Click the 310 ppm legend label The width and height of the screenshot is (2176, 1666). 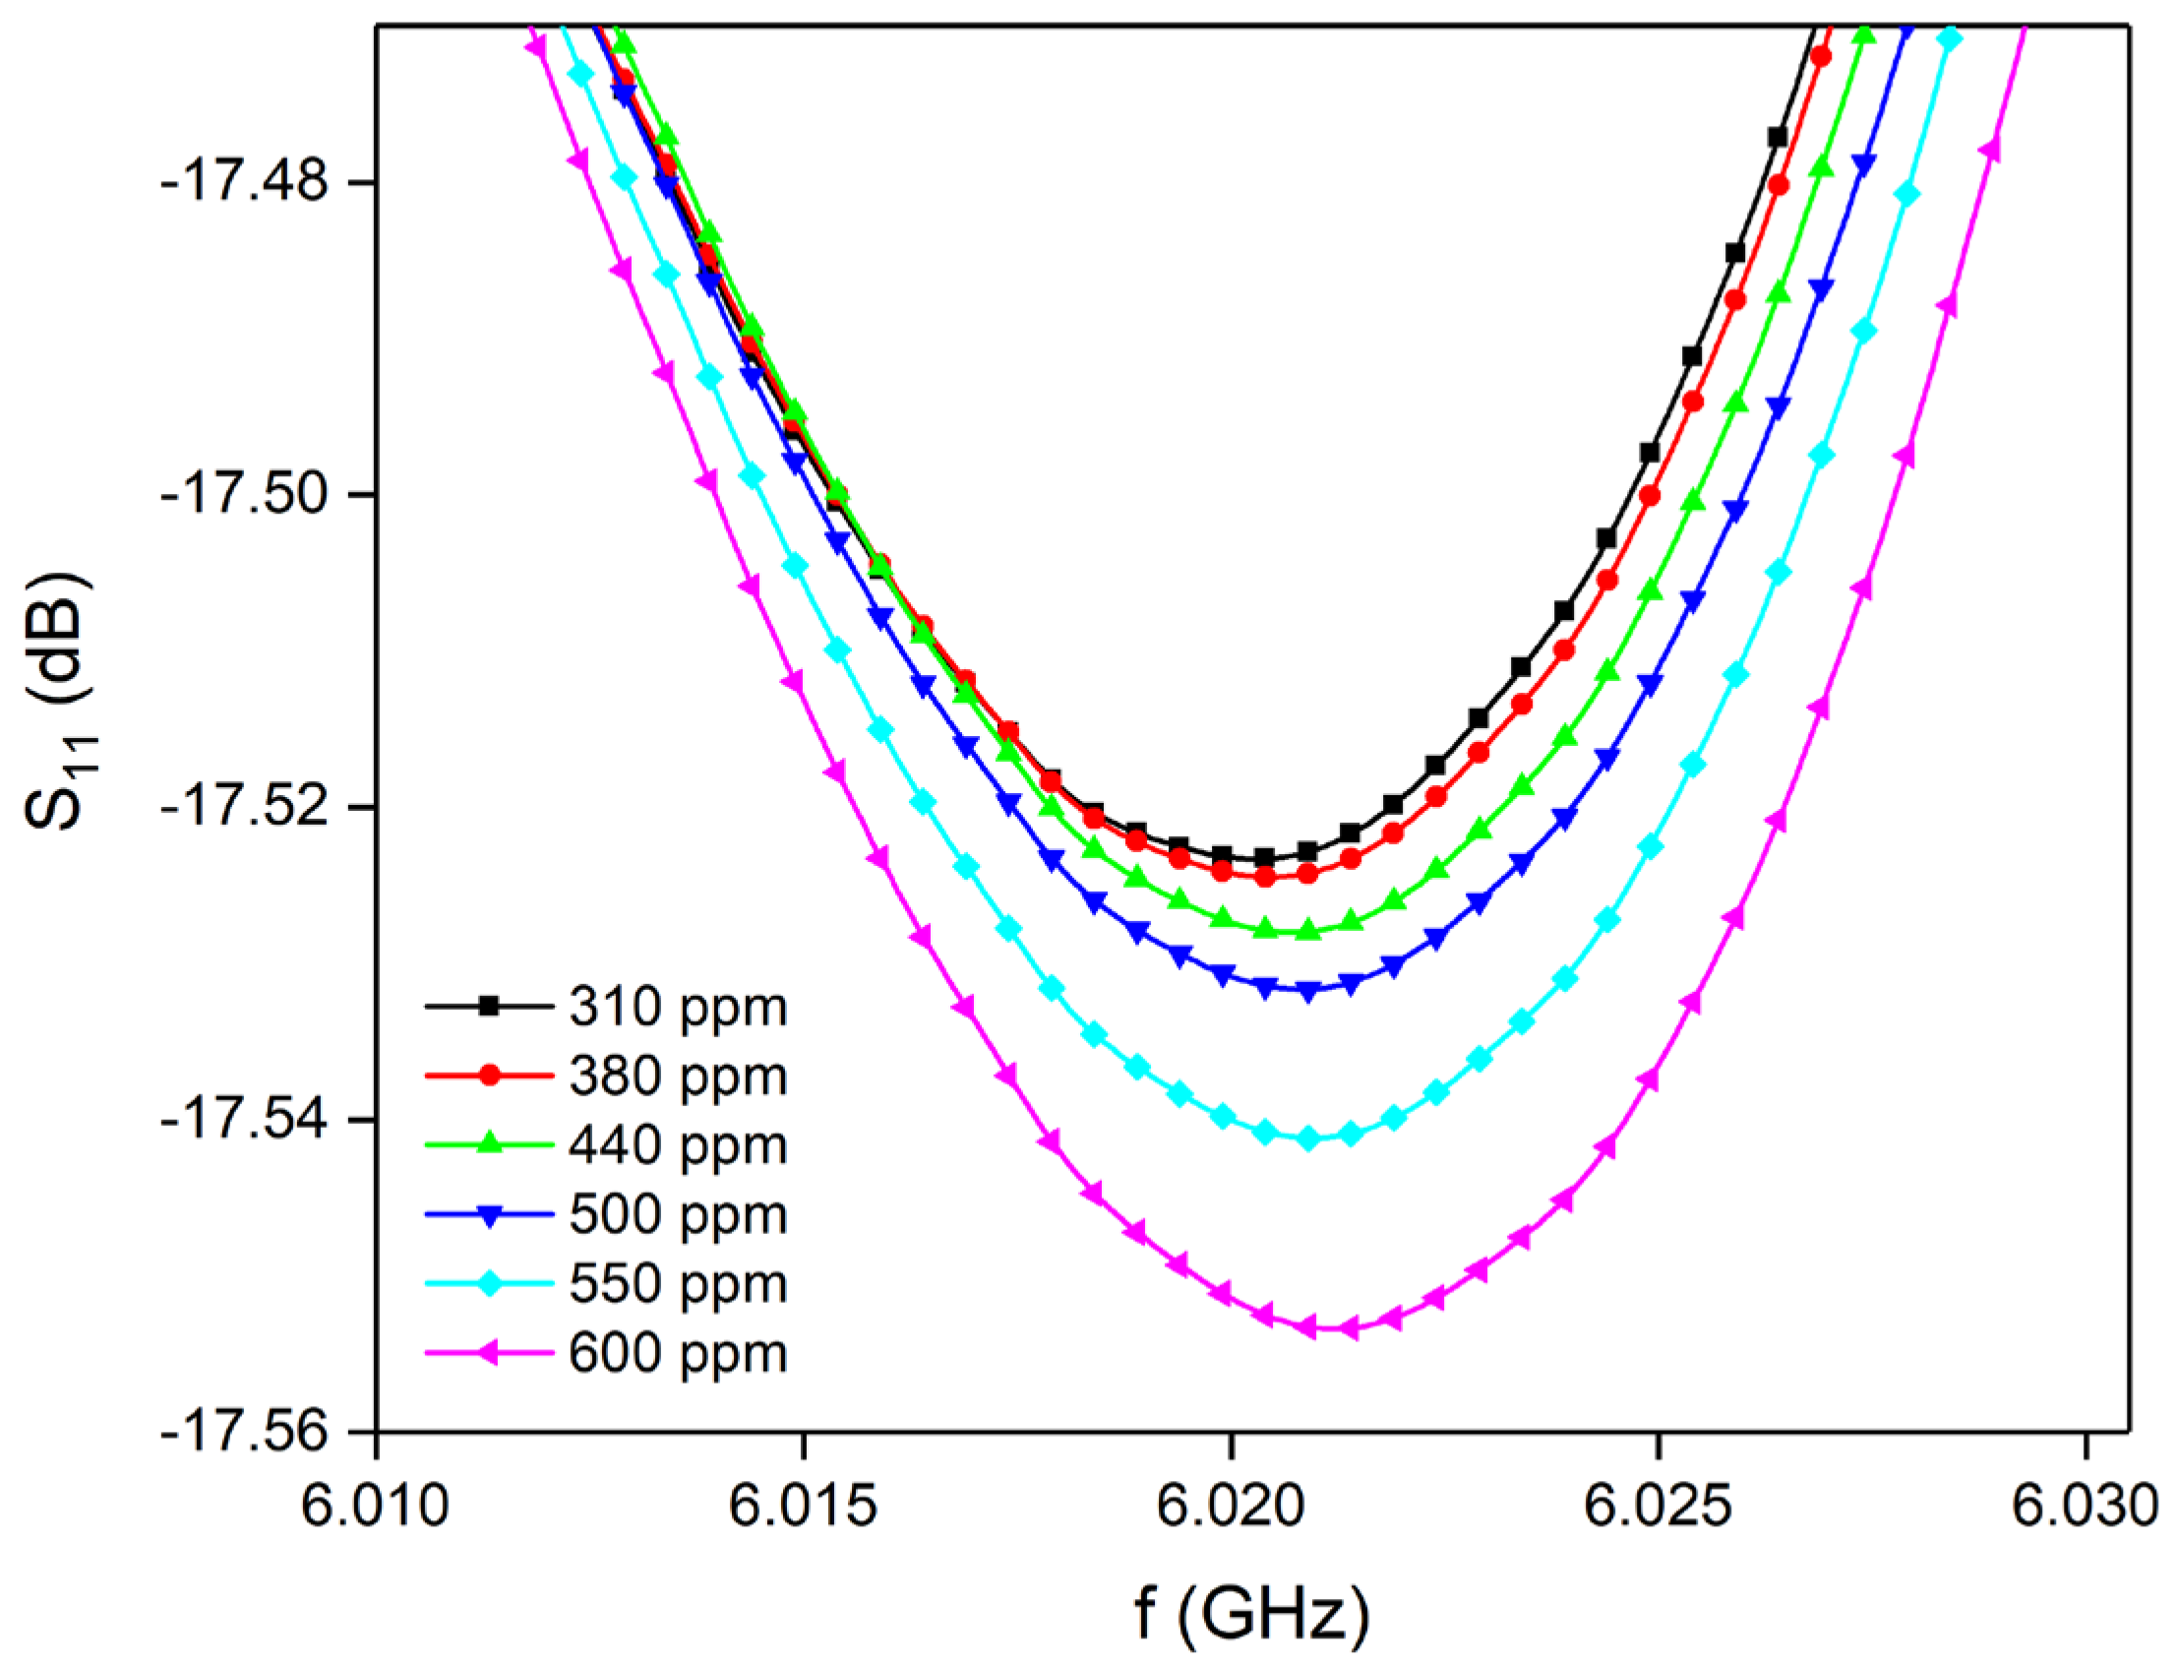pos(678,1008)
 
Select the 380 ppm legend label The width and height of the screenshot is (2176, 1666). pos(678,1077)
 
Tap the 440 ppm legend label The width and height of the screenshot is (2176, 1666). pos(678,1146)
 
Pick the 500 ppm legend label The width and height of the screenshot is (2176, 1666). pos(678,1215)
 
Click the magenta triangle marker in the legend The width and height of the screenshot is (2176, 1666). pos(488,1353)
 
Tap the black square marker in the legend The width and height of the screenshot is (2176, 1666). pos(488,1007)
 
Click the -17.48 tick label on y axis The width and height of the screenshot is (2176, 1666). pos(244,183)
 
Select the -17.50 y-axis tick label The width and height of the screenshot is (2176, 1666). pos(244,496)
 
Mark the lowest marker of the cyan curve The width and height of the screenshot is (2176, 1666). pos(1307,1140)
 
